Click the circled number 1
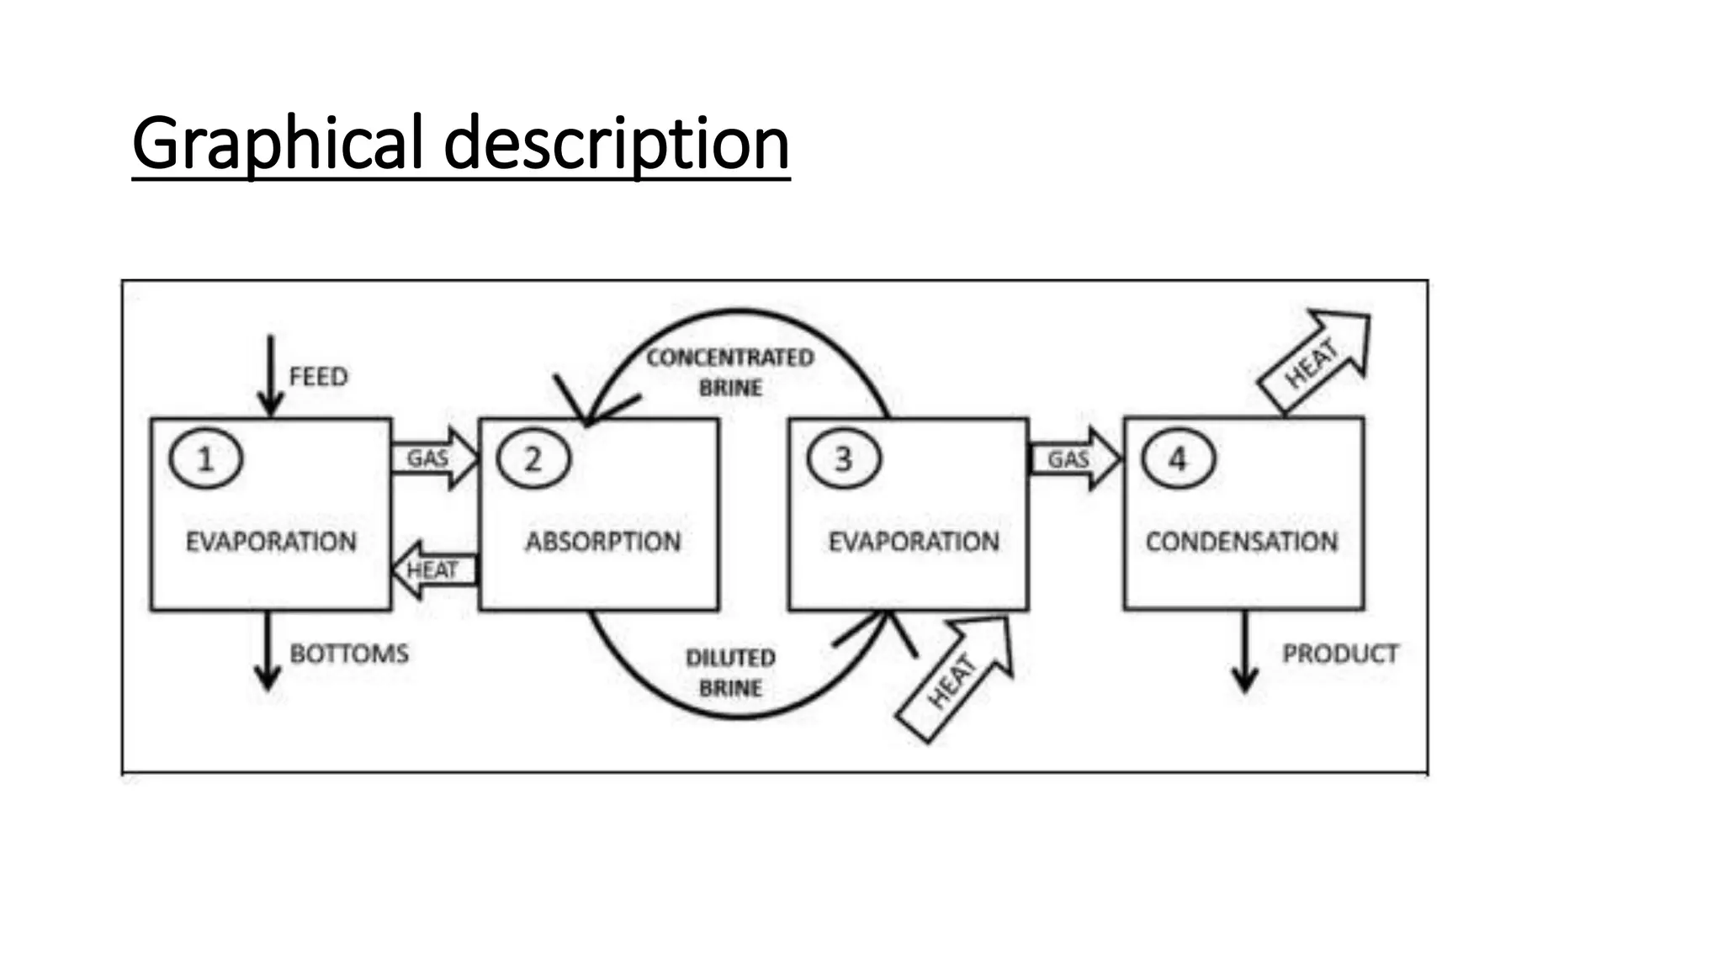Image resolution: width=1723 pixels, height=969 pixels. tap(205, 459)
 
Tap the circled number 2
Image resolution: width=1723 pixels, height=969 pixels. tap(533, 459)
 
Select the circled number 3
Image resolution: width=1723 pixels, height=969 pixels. tap(844, 459)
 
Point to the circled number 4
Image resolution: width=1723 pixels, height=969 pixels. tap(1178, 459)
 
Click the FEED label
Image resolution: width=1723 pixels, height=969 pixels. tap(318, 376)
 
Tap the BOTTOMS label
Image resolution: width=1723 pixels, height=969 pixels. tap(349, 654)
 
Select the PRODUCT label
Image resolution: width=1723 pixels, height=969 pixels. tap(1339, 654)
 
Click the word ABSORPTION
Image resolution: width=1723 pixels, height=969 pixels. tap(603, 542)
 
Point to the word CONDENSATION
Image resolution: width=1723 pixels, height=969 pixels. tap(1241, 542)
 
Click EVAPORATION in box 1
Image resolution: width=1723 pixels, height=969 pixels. tap(271, 542)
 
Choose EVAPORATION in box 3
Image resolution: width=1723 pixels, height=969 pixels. tap(914, 542)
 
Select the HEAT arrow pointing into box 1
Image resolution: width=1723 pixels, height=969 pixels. tap(434, 570)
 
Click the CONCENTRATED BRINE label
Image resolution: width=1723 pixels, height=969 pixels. tap(729, 373)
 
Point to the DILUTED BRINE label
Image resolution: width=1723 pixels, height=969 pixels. tap(730, 673)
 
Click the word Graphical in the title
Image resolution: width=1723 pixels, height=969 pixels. tap(277, 143)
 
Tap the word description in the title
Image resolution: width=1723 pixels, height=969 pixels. tap(617, 143)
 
